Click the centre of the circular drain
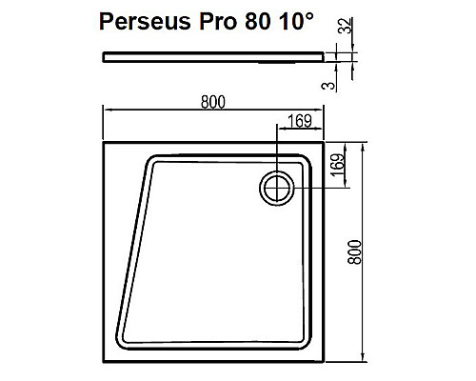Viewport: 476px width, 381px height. click(x=277, y=188)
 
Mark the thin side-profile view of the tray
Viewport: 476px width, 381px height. click(x=214, y=56)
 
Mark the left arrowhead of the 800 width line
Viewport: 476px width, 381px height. click(x=106, y=114)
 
